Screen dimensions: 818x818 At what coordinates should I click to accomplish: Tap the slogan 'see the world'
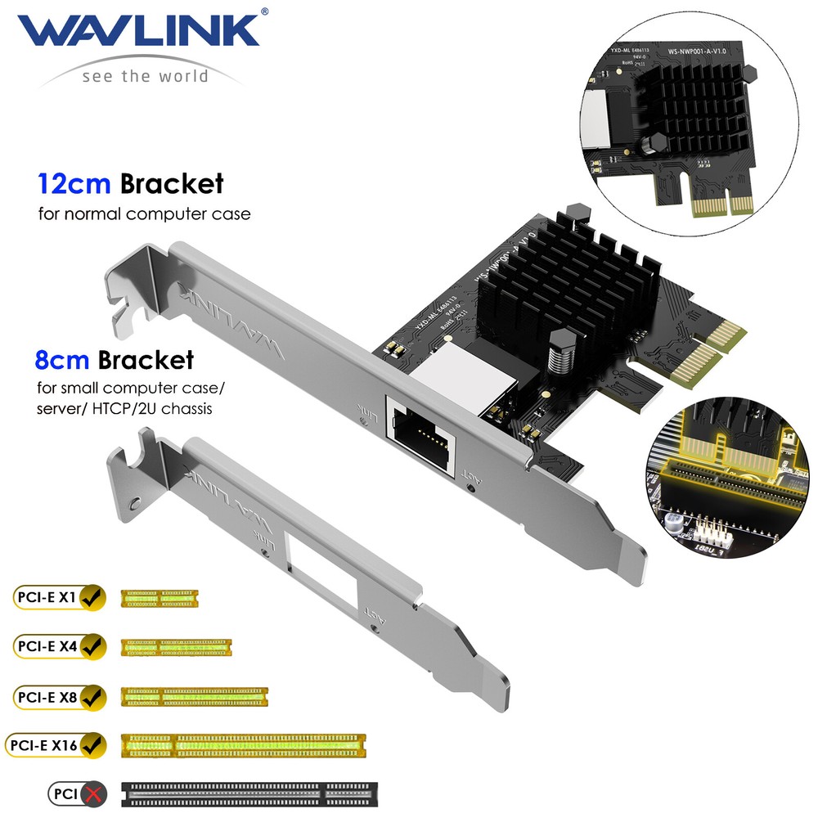[145, 76]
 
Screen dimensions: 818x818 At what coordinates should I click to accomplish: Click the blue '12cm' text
[74, 183]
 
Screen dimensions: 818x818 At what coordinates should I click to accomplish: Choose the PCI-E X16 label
[44, 745]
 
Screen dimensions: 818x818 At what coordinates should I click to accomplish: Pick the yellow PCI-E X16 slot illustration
[243, 745]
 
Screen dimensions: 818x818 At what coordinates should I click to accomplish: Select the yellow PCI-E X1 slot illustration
[160, 599]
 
